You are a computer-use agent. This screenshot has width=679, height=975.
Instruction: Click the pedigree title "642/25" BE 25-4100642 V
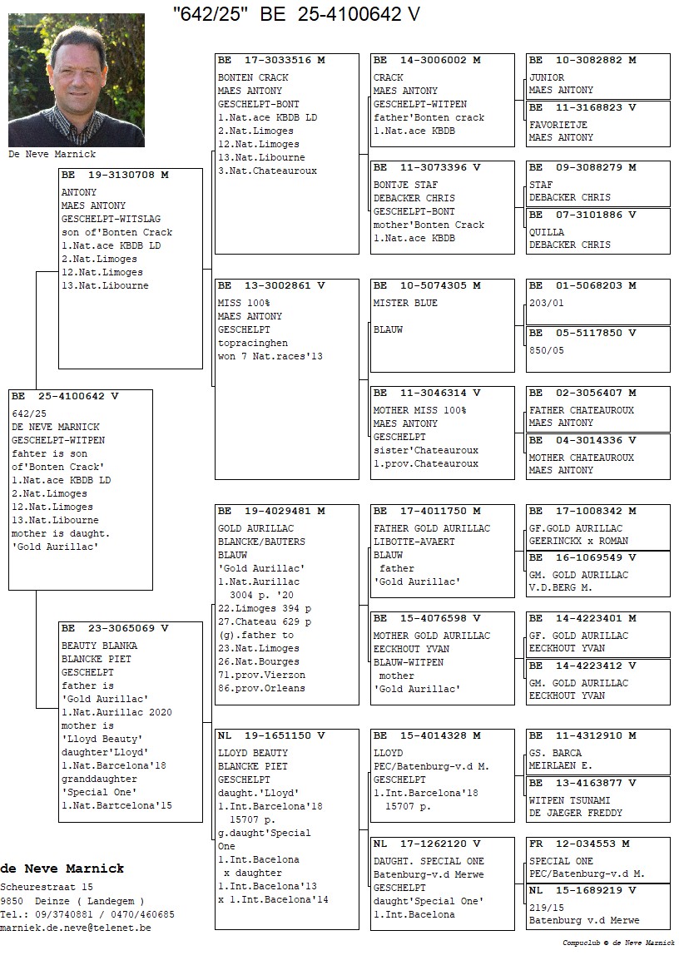point(296,14)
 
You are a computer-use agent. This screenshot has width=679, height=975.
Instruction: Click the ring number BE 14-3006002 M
point(427,60)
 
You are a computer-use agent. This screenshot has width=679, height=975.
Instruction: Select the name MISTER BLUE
point(405,303)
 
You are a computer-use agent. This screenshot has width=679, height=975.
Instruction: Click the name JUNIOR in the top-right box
point(547,77)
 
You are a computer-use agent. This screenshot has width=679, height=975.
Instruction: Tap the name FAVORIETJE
point(558,125)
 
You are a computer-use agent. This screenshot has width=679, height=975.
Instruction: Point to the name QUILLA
point(547,232)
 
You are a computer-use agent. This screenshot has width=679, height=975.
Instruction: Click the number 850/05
point(547,350)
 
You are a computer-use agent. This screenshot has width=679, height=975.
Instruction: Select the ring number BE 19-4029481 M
point(271,511)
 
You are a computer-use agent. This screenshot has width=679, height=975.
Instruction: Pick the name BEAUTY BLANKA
point(100,646)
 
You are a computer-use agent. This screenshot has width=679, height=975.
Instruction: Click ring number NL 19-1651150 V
point(271,735)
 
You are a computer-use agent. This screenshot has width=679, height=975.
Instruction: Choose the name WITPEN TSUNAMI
point(570,800)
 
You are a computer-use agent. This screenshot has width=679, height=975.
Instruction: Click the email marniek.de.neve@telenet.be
point(76,928)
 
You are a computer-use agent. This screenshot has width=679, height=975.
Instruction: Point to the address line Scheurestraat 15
point(47,888)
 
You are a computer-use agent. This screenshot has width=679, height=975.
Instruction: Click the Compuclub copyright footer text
point(618,943)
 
